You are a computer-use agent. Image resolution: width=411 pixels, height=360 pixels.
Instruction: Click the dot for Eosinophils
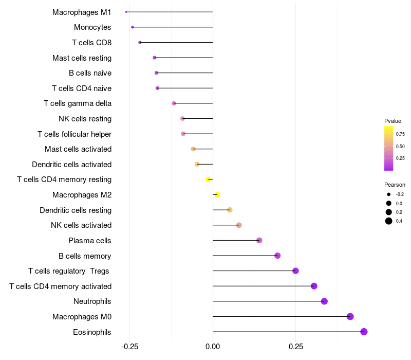pyautogui.click(x=364, y=332)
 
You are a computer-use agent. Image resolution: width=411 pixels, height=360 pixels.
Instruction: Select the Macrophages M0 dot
pyautogui.click(x=350, y=316)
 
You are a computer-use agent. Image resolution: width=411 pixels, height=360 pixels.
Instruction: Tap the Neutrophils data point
pyautogui.click(x=324, y=301)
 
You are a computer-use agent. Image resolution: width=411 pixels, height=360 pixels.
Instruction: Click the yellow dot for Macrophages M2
pyautogui.click(x=217, y=195)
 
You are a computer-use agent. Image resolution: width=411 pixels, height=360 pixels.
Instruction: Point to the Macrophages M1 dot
pyautogui.click(x=126, y=12)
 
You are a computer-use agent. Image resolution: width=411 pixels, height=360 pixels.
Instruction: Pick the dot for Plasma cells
pyautogui.click(x=259, y=241)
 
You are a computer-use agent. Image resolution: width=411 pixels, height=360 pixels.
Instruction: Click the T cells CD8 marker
pyautogui.click(x=140, y=42)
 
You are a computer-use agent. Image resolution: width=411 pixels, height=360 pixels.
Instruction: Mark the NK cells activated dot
pyautogui.click(x=239, y=225)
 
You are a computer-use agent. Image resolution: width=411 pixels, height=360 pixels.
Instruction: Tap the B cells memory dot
pyautogui.click(x=277, y=256)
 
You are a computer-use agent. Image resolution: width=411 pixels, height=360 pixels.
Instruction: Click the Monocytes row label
pyautogui.click(x=92, y=27)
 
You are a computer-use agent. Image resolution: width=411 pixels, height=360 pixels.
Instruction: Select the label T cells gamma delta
pyautogui.click(x=78, y=103)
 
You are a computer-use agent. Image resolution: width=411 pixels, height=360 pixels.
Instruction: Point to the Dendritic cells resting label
pyautogui.click(x=76, y=210)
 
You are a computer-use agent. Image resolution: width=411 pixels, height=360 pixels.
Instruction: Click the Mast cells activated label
pyautogui.click(x=78, y=149)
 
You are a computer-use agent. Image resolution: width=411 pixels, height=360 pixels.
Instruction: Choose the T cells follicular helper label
pyautogui.click(x=74, y=134)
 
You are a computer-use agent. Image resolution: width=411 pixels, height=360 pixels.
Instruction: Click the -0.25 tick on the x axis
pyautogui.click(x=129, y=347)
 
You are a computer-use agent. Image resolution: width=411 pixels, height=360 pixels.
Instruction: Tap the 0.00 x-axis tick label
pyautogui.click(x=213, y=347)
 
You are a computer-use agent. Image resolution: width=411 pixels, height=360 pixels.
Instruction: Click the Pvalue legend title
pyautogui.click(x=393, y=121)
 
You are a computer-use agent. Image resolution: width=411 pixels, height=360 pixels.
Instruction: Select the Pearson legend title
pyautogui.click(x=395, y=185)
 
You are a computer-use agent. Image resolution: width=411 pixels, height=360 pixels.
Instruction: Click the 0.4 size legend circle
pyautogui.click(x=389, y=221)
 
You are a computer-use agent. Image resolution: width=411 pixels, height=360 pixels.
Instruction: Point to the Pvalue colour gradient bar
pyautogui.click(x=389, y=148)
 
